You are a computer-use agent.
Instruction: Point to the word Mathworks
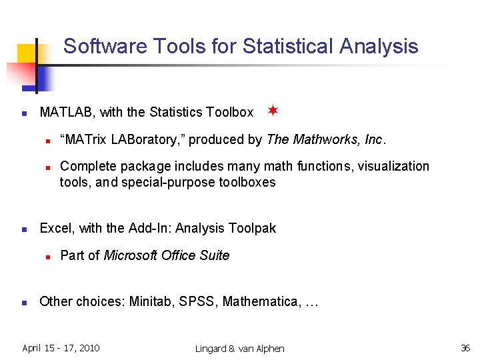(x=327, y=140)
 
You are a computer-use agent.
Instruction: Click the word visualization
(x=394, y=166)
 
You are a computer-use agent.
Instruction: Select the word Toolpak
(x=252, y=229)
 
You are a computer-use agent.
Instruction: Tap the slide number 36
(x=465, y=348)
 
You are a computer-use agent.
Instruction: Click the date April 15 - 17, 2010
(x=61, y=348)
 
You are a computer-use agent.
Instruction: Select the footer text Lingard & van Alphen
(x=239, y=349)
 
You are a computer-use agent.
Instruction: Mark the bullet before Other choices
(x=23, y=302)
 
